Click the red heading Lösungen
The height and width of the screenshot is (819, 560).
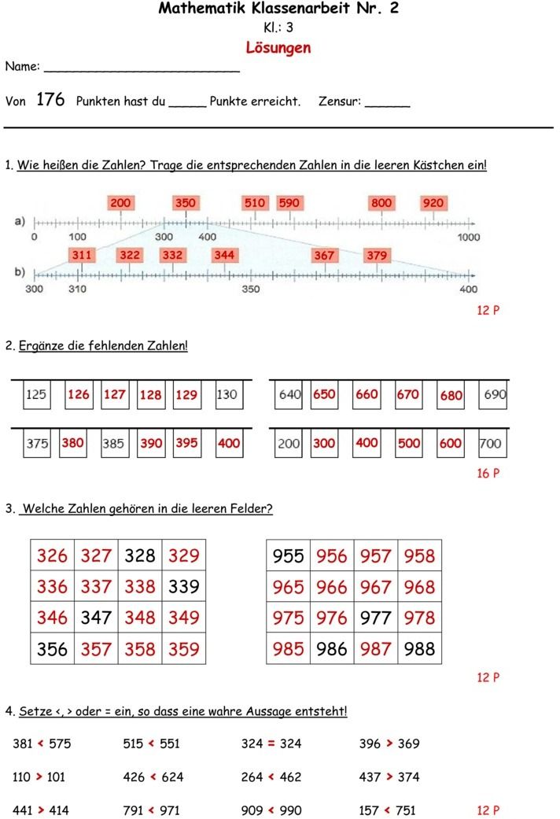[x=278, y=47]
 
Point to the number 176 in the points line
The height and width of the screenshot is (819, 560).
[x=50, y=100]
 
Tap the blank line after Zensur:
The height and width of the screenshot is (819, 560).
[x=387, y=104]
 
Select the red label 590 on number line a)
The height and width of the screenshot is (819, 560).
[x=289, y=203]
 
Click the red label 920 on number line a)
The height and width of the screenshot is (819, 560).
[x=433, y=203]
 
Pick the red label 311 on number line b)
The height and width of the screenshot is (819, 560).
[x=82, y=255]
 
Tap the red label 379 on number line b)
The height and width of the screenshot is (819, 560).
[x=377, y=255]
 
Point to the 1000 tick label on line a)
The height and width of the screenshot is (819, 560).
[x=468, y=237]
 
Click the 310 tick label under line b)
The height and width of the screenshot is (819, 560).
[x=78, y=289]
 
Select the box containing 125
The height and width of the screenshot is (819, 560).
[x=36, y=395]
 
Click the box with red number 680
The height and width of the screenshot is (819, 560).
[x=451, y=395]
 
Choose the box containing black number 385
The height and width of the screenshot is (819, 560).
[x=113, y=443]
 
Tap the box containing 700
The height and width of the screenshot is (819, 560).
[x=489, y=443]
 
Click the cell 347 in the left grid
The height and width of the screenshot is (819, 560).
[x=96, y=618]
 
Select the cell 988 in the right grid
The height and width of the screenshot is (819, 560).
[x=419, y=649]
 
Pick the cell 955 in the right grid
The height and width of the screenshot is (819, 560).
[x=288, y=555]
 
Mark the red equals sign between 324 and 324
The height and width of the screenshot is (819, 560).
[x=271, y=743]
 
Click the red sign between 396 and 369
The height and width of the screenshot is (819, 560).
[x=389, y=743]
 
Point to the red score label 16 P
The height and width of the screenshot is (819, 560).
[x=488, y=474]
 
